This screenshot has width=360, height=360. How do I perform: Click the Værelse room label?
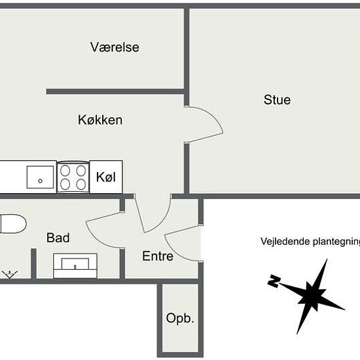(115, 47)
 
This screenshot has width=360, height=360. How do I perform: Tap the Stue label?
(277, 100)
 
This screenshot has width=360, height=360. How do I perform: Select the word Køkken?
(100, 120)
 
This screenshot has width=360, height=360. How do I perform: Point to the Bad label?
(58, 238)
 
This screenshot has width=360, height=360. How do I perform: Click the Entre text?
(158, 256)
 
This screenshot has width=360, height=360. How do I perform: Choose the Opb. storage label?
(180, 318)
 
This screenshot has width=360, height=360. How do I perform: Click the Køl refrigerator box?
(106, 177)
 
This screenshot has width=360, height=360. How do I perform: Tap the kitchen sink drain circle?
(40, 181)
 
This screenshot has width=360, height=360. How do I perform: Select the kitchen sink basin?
(40, 177)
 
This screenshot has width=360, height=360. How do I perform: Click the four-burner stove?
(73, 177)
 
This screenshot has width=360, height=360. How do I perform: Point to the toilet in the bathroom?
(12, 224)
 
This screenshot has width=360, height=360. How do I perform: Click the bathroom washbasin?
(75, 266)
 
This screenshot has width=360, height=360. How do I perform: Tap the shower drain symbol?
(10, 274)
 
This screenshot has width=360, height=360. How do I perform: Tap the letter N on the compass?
(274, 281)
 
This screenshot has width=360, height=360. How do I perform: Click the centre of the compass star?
(312, 296)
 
